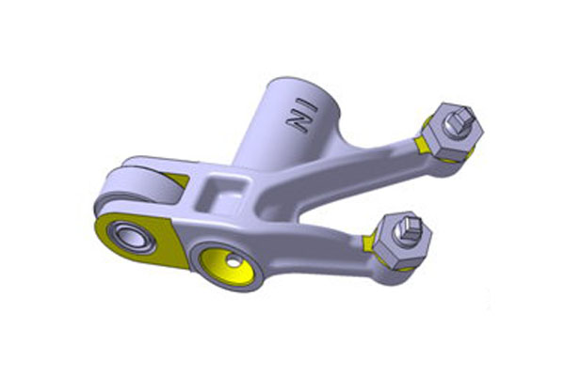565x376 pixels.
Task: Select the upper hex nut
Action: coord(453,133)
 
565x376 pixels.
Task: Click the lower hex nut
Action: coord(402,241)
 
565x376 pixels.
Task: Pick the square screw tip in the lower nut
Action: coord(412,227)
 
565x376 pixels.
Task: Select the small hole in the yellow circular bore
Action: coord(234,263)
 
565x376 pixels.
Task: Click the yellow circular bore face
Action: coord(227,267)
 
